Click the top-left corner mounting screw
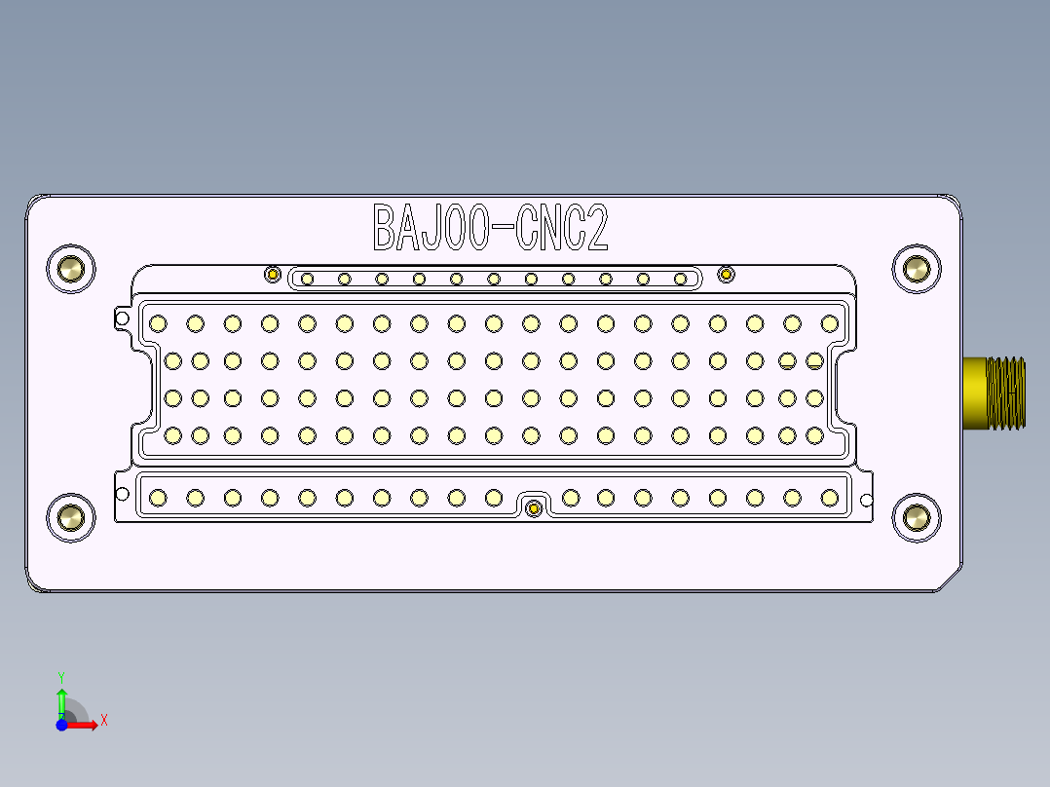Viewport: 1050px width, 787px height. point(71,268)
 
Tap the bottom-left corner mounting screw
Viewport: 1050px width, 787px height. point(71,517)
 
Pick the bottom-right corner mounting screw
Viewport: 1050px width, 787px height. point(917,517)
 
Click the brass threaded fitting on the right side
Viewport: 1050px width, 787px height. point(994,393)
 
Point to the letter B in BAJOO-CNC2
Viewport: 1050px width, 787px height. point(387,228)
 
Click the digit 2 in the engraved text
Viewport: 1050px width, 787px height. point(597,228)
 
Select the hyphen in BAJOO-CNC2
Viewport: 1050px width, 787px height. point(503,230)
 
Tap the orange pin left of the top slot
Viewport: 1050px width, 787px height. point(273,275)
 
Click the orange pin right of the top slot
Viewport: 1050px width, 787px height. point(726,275)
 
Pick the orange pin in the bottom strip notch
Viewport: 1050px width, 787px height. point(533,508)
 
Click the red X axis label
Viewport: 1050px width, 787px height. point(104,721)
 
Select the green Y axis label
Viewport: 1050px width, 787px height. point(61,676)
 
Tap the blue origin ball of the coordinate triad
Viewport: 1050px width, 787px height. point(61,725)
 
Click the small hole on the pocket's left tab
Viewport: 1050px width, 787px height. point(122,318)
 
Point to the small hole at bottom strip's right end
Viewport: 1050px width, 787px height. point(866,501)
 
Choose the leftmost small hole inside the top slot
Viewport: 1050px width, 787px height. point(307,280)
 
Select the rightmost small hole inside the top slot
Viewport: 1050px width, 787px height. point(680,280)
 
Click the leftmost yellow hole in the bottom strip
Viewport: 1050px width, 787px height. point(157,499)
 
